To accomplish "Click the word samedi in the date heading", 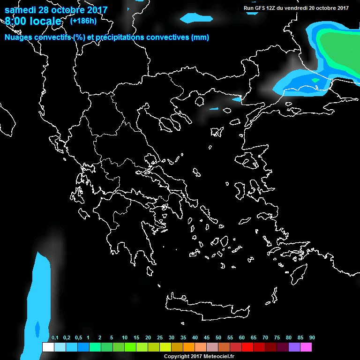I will click(21, 10).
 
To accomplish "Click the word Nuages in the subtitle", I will click(18, 37).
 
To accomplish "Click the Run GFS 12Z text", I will click(260, 8).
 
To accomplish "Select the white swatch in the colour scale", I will click(48, 347).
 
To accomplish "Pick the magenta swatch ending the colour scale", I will click(306, 347).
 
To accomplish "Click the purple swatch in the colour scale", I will click(294, 347).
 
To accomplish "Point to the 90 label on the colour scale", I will click(312, 338).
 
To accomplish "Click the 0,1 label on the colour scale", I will click(55, 338).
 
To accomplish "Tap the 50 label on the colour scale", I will click(218, 338).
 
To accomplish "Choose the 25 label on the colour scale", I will click(160, 338).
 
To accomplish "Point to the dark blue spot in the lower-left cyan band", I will click(37, 329).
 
